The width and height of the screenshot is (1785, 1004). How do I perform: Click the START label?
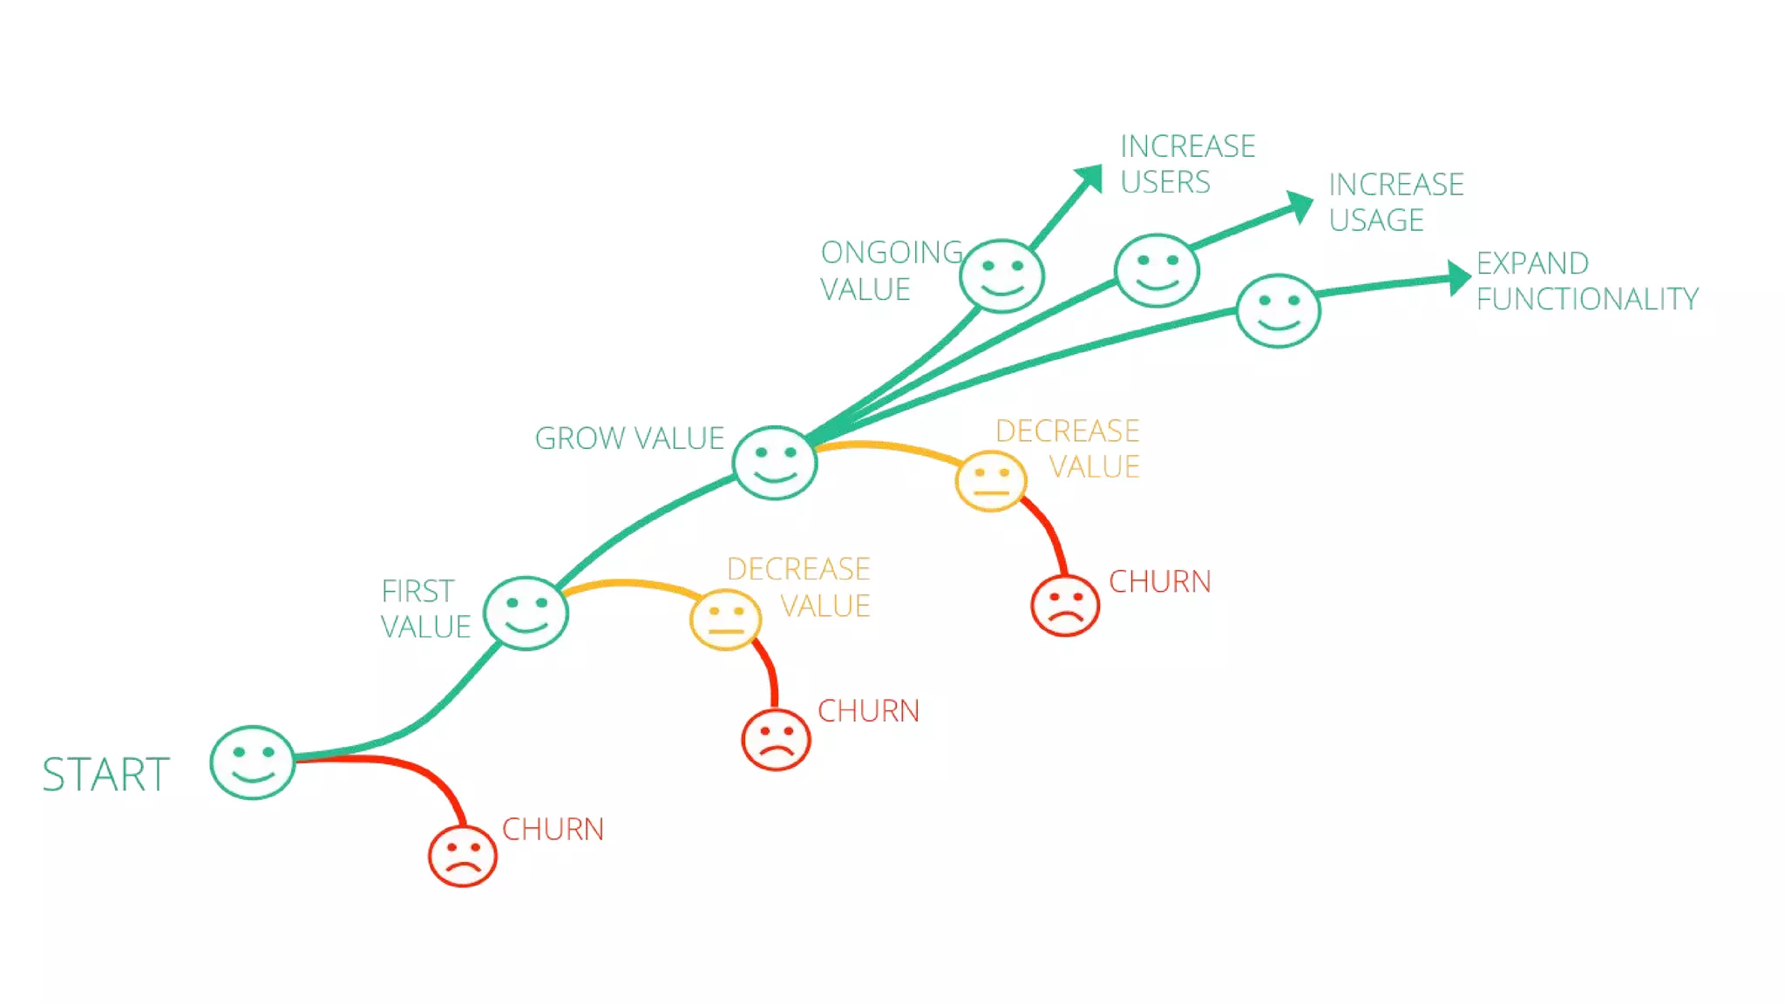(105, 774)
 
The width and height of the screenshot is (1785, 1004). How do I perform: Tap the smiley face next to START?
(253, 763)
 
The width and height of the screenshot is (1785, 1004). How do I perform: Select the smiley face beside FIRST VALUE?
(526, 613)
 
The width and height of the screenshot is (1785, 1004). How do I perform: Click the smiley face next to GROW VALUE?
(775, 463)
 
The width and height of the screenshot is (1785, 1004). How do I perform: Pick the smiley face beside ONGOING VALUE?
(1001, 275)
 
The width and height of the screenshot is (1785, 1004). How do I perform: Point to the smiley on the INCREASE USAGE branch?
(1157, 270)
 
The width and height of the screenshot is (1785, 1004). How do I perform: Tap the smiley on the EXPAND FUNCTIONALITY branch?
(1279, 311)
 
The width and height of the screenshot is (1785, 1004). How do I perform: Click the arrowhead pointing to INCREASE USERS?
(1090, 178)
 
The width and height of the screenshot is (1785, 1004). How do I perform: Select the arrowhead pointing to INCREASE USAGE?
(1300, 206)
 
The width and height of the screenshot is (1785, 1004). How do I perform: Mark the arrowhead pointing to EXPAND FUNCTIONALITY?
(1458, 278)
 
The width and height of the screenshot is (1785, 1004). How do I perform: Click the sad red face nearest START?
(463, 856)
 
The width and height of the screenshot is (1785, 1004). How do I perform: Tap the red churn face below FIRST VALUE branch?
(776, 740)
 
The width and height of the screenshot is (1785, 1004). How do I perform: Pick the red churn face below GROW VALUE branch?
(1065, 606)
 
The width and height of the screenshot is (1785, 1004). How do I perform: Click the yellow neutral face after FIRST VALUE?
(725, 620)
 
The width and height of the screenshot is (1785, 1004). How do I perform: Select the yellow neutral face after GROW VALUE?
(991, 481)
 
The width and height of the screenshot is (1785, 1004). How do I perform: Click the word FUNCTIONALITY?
(1587, 299)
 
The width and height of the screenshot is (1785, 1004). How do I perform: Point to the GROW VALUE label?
(629, 438)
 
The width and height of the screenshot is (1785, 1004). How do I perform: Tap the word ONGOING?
(892, 253)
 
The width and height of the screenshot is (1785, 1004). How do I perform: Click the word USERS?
(1165, 182)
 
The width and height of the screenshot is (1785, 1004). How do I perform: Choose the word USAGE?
(1376, 220)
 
